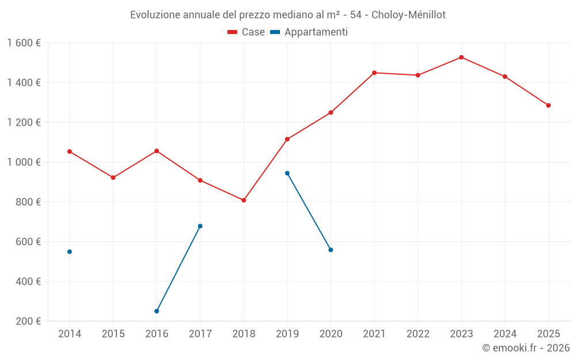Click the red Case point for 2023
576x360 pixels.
tap(461, 57)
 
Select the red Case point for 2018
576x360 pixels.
tap(244, 200)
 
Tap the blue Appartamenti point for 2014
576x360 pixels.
tap(70, 252)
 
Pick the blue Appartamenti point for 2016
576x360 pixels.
tap(157, 311)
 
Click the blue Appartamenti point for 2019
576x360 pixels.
tap(287, 173)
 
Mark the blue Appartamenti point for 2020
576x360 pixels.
tap(331, 250)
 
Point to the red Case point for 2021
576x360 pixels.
tap(374, 73)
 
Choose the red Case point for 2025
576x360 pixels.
tap(548, 105)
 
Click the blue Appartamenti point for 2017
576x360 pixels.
tap(200, 226)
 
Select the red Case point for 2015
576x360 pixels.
tap(113, 177)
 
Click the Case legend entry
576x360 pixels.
tap(247, 32)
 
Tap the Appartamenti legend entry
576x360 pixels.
tap(309, 32)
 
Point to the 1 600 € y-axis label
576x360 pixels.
tap(24, 43)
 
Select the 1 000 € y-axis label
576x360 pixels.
tap(24, 162)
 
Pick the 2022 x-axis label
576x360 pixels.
tap(418, 334)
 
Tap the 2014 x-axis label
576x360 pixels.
tap(70, 334)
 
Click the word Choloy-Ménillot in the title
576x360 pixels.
tap(408, 14)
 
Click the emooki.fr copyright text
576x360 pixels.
tap(526, 348)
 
